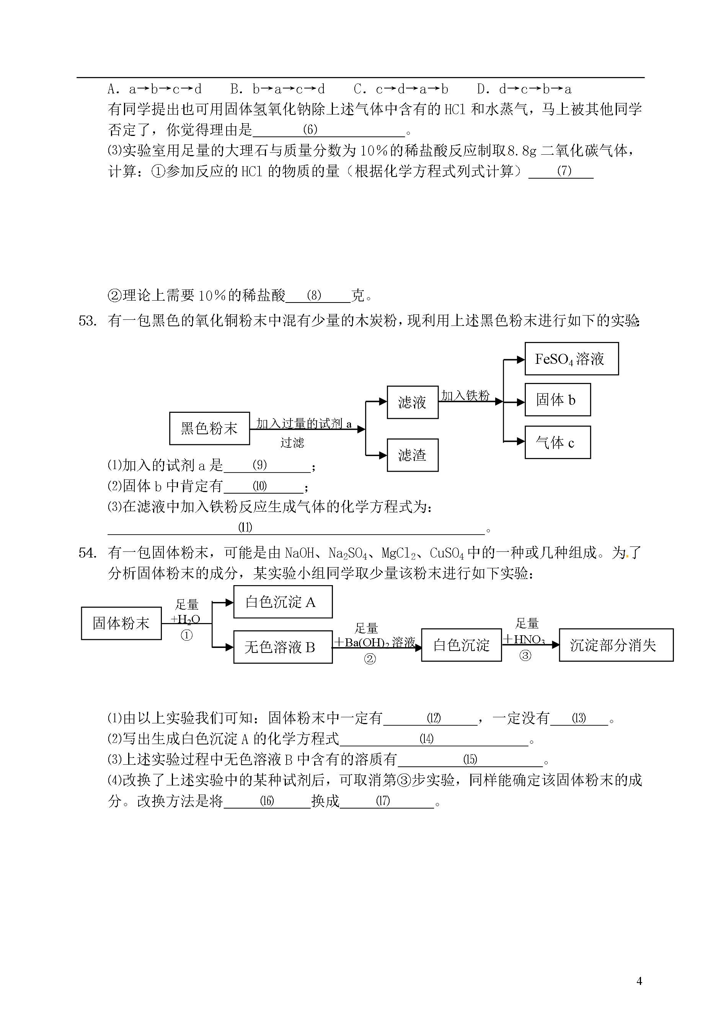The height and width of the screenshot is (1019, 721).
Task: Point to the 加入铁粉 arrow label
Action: click(x=465, y=395)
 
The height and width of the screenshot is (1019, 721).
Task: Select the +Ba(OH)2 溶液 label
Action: click(x=375, y=642)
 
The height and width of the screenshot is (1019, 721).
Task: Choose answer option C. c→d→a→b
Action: click(x=401, y=89)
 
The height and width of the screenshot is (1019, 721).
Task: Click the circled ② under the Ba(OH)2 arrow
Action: click(x=370, y=659)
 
